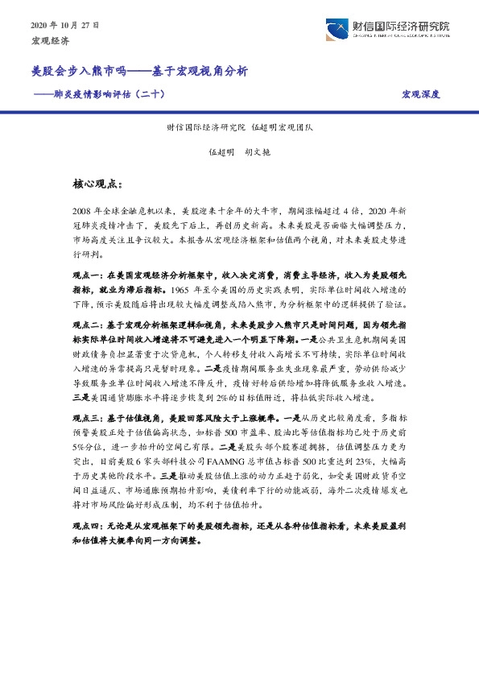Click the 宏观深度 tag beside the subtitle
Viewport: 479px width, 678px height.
pyautogui.click(x=421, y=94)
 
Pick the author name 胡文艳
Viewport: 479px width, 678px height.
pyautogui.click(x=256, y=151)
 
